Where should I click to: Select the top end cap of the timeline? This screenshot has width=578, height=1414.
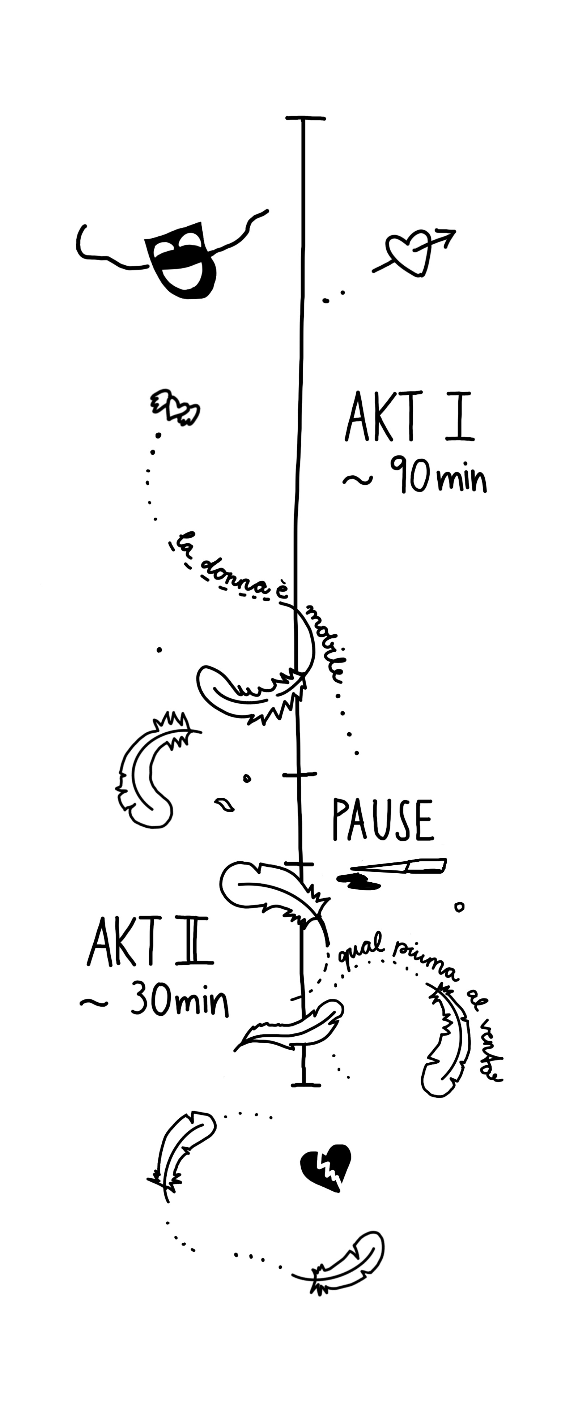[x=305, y=118]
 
